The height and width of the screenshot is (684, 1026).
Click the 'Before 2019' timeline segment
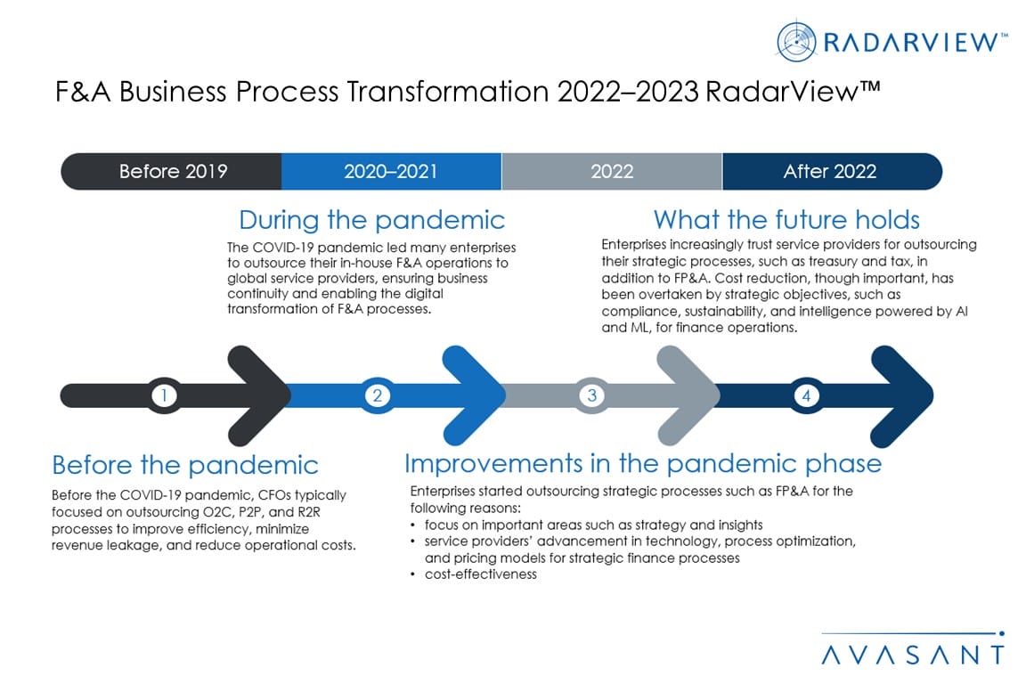(171, 172)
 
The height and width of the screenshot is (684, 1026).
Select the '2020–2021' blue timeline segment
(391, 172)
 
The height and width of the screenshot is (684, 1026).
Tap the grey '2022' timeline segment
(612, 172)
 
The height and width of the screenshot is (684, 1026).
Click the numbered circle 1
(164, 395)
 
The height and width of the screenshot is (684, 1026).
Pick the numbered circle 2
(378, 395)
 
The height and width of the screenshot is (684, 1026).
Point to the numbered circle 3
(592, 395)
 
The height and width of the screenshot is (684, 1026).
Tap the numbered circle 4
(806, 395)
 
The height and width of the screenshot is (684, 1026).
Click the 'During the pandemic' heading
(371, 220)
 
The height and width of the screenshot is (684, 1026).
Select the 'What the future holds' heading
(786, 220)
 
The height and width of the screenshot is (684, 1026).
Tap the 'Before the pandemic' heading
(185, 466)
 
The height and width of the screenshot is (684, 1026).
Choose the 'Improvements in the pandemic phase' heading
(642, 463)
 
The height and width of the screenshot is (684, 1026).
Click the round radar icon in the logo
(796, 41)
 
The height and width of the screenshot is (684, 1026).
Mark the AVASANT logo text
(913, 655)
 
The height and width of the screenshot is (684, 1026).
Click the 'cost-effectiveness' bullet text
(481, 574)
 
